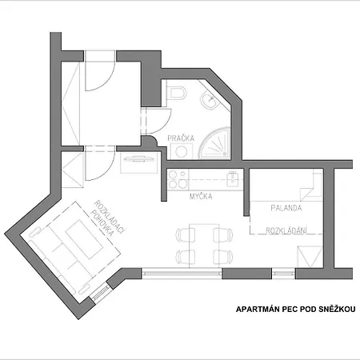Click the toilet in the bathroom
pyautogui.click(x=176, y=94)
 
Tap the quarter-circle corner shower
pyautogui.click(x=217, y=144)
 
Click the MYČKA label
pyautogui.click(x=201, y=195)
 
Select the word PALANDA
pyautogui.click(x=286, y=208)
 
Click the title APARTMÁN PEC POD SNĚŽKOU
pyautogui.click(x=295, y=308)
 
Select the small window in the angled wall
pyautogui.click(x=101, y=295)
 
